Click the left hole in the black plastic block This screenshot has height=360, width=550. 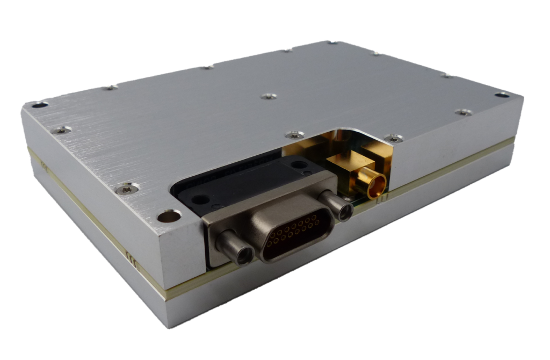200,198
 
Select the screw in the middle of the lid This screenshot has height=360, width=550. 269,97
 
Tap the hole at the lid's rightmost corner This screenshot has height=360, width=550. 502,95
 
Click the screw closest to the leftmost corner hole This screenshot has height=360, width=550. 63,129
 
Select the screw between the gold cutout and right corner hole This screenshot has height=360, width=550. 463,112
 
